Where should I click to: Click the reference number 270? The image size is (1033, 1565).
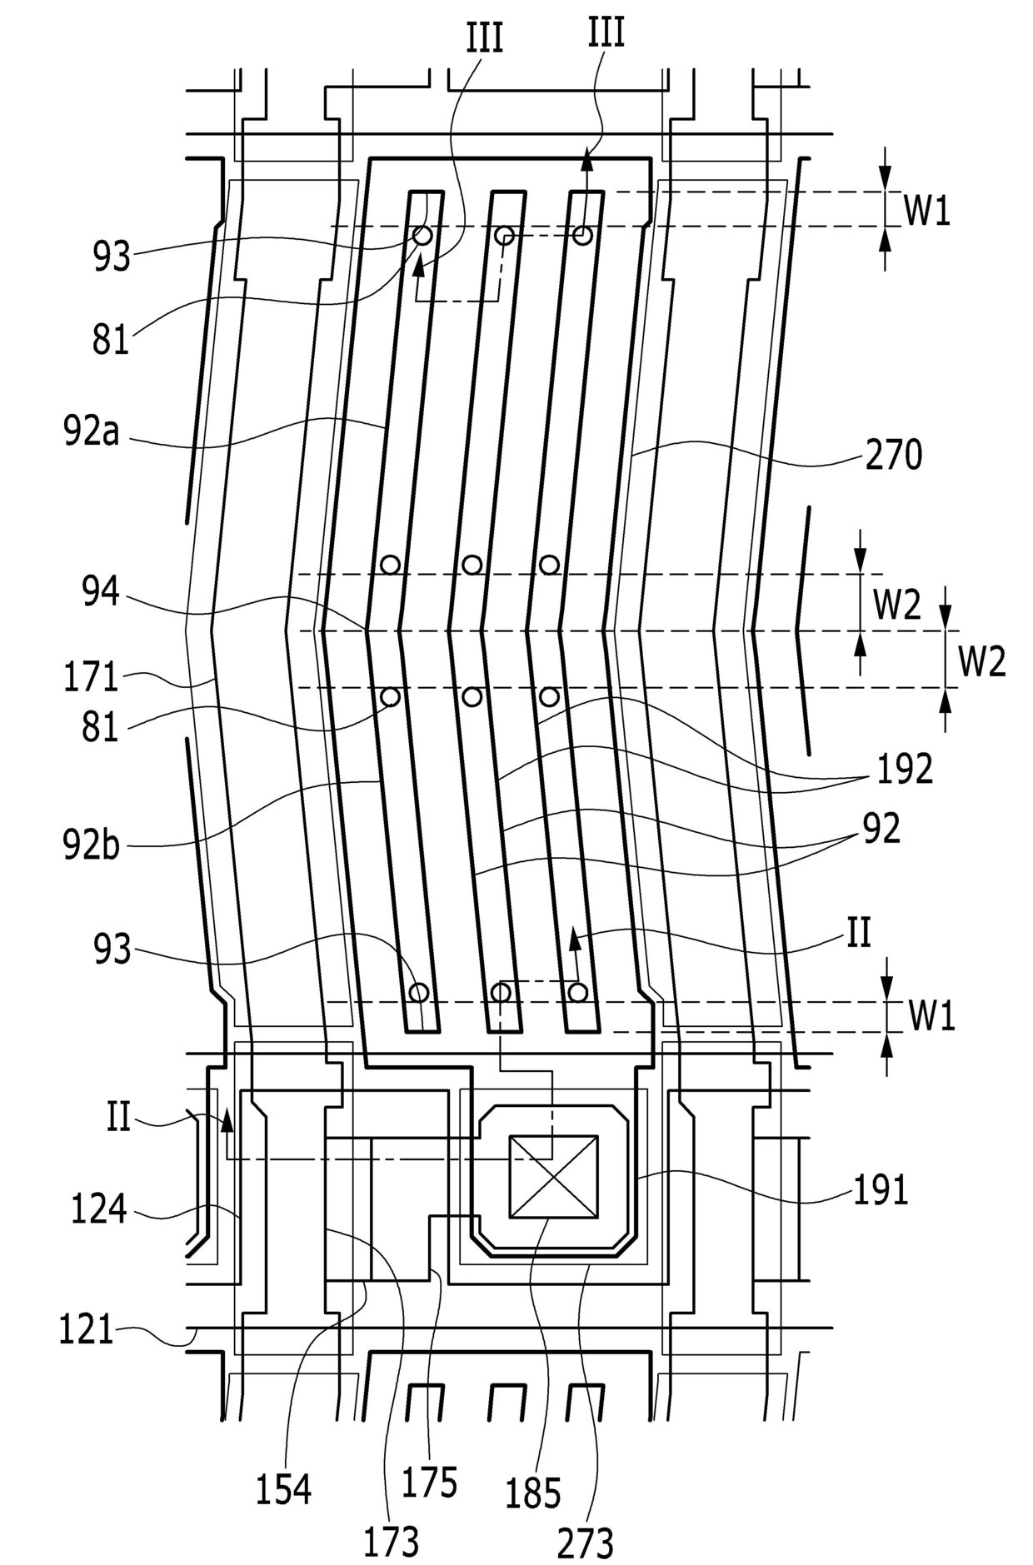893,456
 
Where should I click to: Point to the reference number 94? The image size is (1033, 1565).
102,592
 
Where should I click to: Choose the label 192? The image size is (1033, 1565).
904,770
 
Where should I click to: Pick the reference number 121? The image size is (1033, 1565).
86,1329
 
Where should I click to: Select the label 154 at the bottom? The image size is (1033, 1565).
283,1489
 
